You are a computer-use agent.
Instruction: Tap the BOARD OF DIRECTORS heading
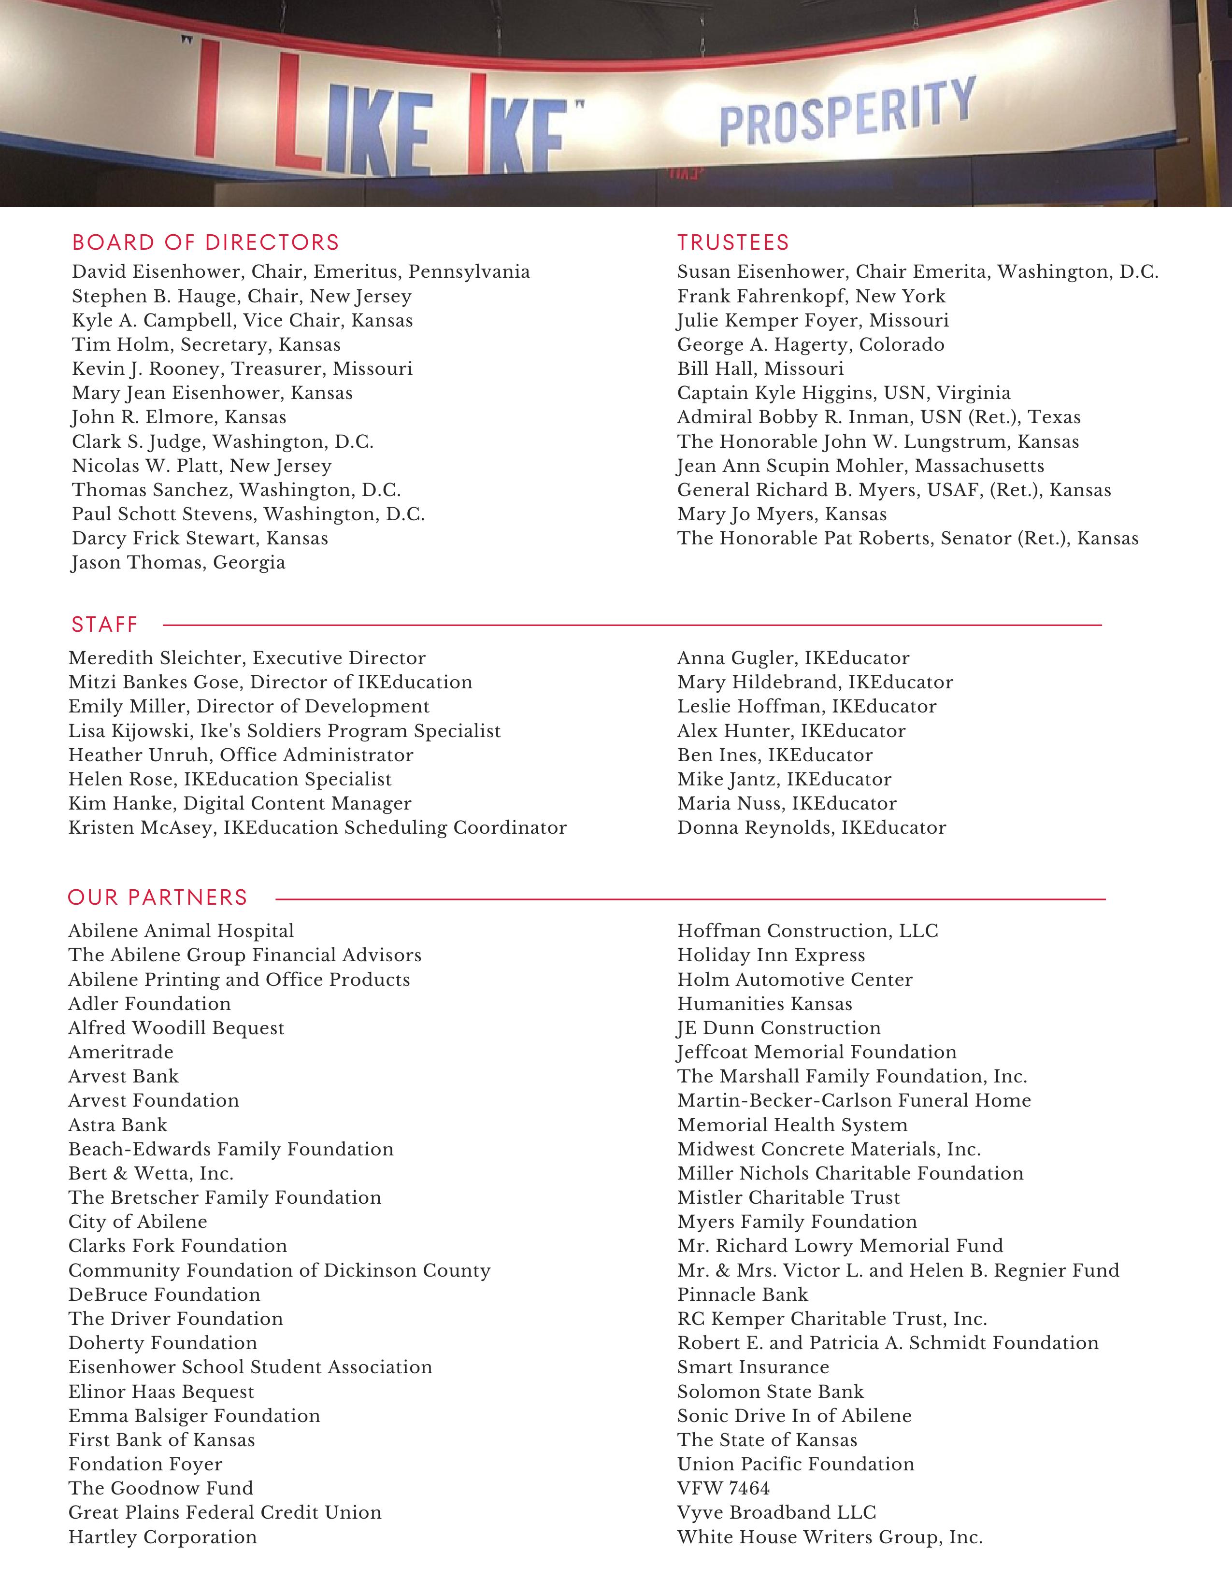pos(206,242)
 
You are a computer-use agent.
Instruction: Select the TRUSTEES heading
pos(733,242)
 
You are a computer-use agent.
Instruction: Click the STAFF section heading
pos(104,625)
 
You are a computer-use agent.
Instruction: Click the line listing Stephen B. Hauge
pos(242,296)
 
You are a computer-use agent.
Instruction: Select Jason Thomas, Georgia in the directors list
pos(178,563)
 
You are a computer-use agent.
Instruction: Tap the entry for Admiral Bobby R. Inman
pos(879,417)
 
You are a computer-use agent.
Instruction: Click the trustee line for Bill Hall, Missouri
pos(760,369)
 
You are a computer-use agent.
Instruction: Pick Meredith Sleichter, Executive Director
pos(247,658)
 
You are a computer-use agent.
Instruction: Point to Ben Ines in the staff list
pos(774,755)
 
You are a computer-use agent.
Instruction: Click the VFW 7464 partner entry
pos(723,1488)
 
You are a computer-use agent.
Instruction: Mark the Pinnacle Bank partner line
pos(742,1295)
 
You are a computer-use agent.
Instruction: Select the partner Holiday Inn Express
pos(771,955)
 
